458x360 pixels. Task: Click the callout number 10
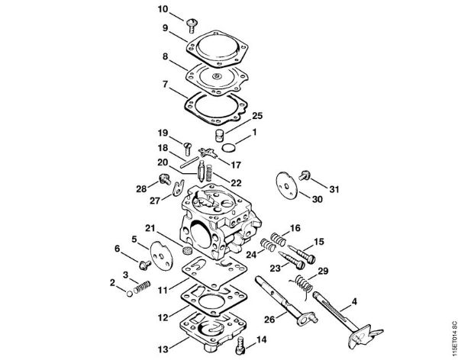162,8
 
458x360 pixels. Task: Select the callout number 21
151,227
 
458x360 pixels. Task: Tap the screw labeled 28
163,181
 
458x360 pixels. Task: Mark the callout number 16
295,228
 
